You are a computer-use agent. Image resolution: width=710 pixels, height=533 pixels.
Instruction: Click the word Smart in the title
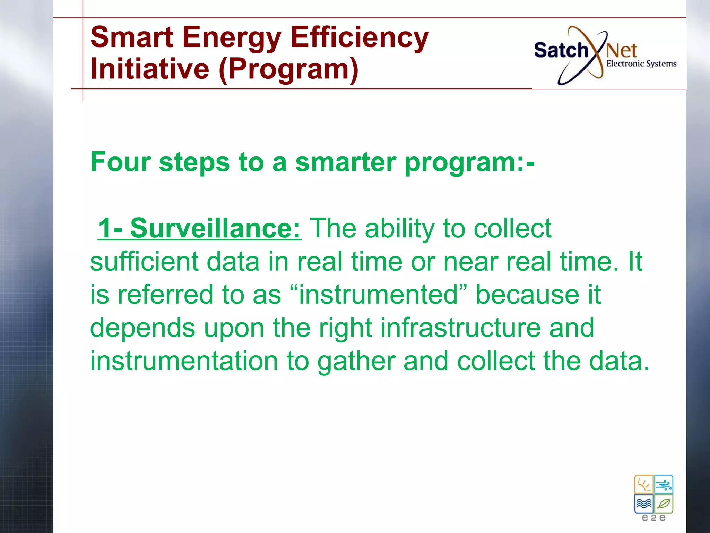click(132, 37)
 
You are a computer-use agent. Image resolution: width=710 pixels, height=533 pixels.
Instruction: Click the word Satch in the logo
click(561, 51)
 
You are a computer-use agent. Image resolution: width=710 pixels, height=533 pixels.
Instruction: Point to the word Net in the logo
click(622, 51)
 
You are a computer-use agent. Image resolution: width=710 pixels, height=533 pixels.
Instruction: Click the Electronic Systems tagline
click(641, 64)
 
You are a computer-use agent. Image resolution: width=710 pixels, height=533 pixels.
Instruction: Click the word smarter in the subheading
click(346, 162)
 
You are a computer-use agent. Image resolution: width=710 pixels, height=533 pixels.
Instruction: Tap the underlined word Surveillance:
click(215, 228)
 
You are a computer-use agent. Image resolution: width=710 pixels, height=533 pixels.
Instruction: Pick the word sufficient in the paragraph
click(144, 262)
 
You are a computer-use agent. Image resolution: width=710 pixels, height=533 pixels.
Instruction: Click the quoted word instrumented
click(378, 295)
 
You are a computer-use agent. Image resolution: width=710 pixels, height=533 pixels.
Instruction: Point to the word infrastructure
click(460, 328)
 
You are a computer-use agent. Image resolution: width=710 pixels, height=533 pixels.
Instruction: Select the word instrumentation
click(184, 361)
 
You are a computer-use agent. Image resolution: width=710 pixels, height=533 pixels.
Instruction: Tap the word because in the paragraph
click(527, 295)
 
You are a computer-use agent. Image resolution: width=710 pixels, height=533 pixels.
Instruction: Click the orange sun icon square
click(644, 484)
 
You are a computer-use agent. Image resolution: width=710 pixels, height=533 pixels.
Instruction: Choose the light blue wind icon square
click(664, 484)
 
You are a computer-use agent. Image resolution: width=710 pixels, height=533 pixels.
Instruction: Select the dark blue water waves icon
click(644, 504)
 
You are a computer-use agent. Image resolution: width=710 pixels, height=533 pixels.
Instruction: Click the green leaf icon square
click(664, 504)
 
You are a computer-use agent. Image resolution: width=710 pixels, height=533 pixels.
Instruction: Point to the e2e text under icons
click(653, 518)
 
